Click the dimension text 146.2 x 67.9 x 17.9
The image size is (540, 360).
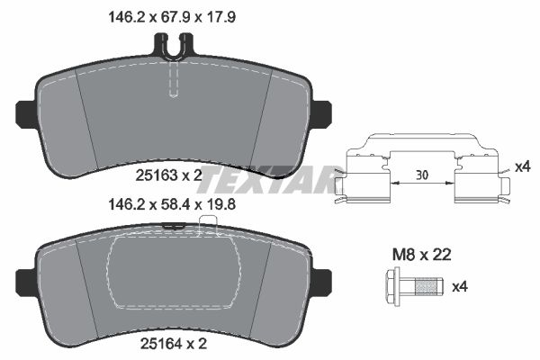175,15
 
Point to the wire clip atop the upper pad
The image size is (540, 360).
175,45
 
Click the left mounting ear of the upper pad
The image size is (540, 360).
26,113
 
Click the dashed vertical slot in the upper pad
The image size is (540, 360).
175,81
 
